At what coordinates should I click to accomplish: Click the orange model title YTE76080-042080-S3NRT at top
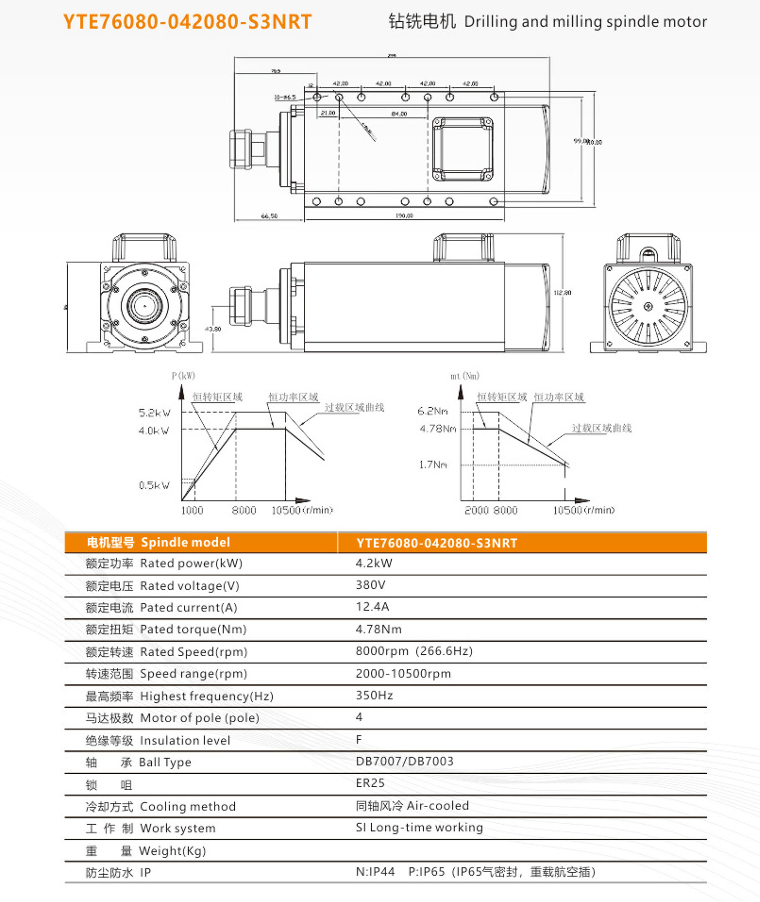click(x=187, y=22)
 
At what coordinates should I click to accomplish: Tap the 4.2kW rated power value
click(x=374, y=563)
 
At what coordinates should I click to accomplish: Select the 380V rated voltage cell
click(x=370, y=585)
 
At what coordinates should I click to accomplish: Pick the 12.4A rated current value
click(x=372, y=607)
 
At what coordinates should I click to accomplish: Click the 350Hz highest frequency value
click(x=374, y=695)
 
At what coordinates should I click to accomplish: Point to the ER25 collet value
click(x=370, y=783)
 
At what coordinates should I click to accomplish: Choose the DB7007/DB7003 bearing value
click(x=404, y=761)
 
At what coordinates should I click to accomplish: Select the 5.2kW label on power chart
click(x=154, y=413)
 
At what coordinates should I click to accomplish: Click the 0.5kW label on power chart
click(x=154, y=485)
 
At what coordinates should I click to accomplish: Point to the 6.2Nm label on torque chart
click(x=432, y=411)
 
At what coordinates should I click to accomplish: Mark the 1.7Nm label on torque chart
click(x=433, y=464)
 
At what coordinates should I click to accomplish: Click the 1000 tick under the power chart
click(x=192, y=510)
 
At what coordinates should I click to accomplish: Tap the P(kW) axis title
click(x=183, y=376)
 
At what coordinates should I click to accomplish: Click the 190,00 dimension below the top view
click(x=404, y=216)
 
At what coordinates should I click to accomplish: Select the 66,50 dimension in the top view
click(x=269, y=216)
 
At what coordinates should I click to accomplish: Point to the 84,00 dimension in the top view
click(x=398, y=114)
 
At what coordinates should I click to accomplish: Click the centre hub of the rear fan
click(x=648, y=307)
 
